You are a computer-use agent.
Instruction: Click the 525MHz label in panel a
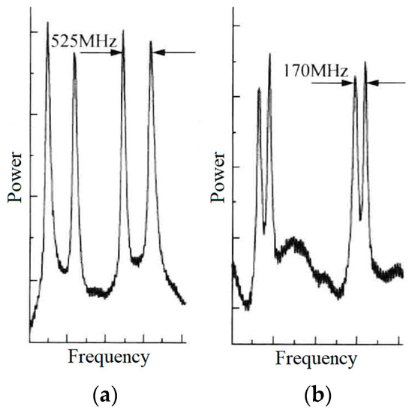click(x=84, y=42)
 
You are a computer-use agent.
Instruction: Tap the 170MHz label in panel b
click(x=316, y=71)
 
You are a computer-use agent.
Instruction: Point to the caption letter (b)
click(x=314, y=394)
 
